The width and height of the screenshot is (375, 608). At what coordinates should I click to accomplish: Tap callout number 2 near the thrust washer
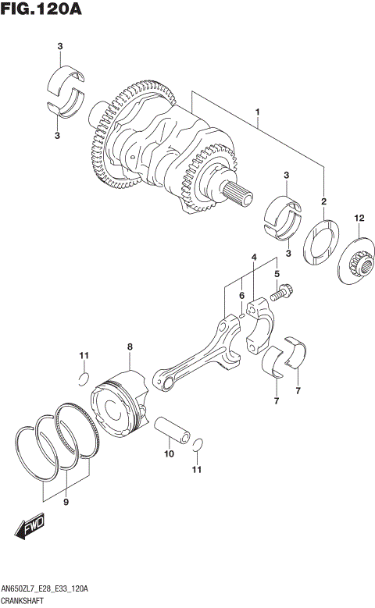click(323, 202)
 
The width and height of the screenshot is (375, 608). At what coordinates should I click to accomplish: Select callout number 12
click(359, 218)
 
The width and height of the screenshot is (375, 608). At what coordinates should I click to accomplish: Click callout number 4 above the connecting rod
click(253, 257)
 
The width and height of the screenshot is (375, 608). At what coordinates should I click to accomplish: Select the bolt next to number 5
click(280, 296)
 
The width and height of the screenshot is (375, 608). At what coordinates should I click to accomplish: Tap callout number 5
click(277, 274)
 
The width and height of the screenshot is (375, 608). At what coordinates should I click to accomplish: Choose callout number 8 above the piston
click(130, 347)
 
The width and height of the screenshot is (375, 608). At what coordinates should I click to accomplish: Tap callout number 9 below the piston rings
click(66, 502)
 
